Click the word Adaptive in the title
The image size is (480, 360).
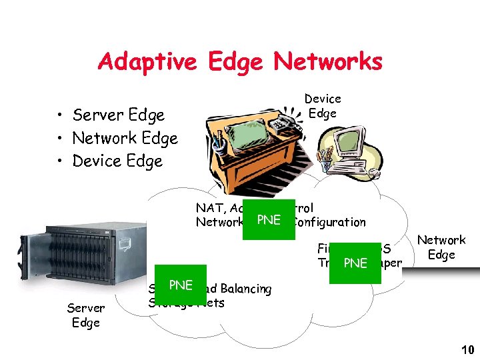tap(147, 62)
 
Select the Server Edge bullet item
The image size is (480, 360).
tap(118, 115)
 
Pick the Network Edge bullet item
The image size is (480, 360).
tap(125, 138)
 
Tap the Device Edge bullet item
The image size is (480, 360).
tap(117, 161)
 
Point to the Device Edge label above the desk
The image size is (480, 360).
tap(323, 106)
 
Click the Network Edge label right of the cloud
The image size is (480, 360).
tap(441, 247)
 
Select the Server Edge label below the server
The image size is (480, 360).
tap(86, 315)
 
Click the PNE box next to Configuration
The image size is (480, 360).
tap(269, 220)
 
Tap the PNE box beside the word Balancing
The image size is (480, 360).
tap(181, 285)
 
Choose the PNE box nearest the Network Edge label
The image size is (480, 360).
tap(355, 263)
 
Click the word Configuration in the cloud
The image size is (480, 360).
tap(330, 222)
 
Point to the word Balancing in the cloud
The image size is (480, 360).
tap(245, 289)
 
